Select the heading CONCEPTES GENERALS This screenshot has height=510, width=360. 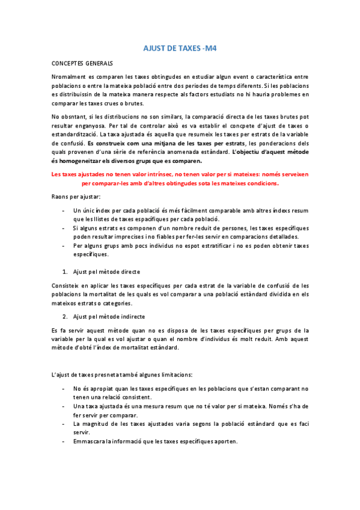pyautogui.click(x=82, y=63)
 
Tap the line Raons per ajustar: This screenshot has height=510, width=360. pyautogui.click(x=76, y=197)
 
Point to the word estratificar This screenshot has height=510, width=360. pyautogui.click(x=204, y=245)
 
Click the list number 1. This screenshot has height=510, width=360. pyautogui.click(x=65, y=272)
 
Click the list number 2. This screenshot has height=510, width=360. pyautogui.click(x=65, y=316)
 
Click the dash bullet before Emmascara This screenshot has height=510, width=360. pyautogui.click(x=64, y=441)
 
